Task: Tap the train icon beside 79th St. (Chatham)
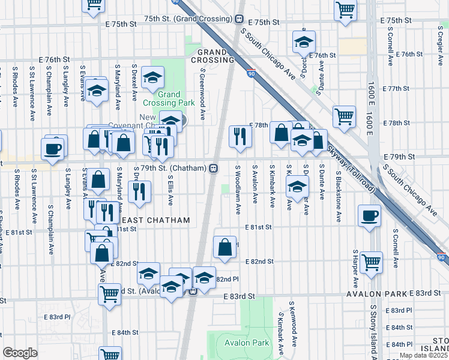[213, 168]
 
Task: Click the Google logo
[19, 353]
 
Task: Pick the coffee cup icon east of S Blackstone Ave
[370, 215]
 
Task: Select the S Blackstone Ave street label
[339, 190]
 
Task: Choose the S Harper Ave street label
[356, 269]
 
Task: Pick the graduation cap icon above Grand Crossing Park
[153, 76]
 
